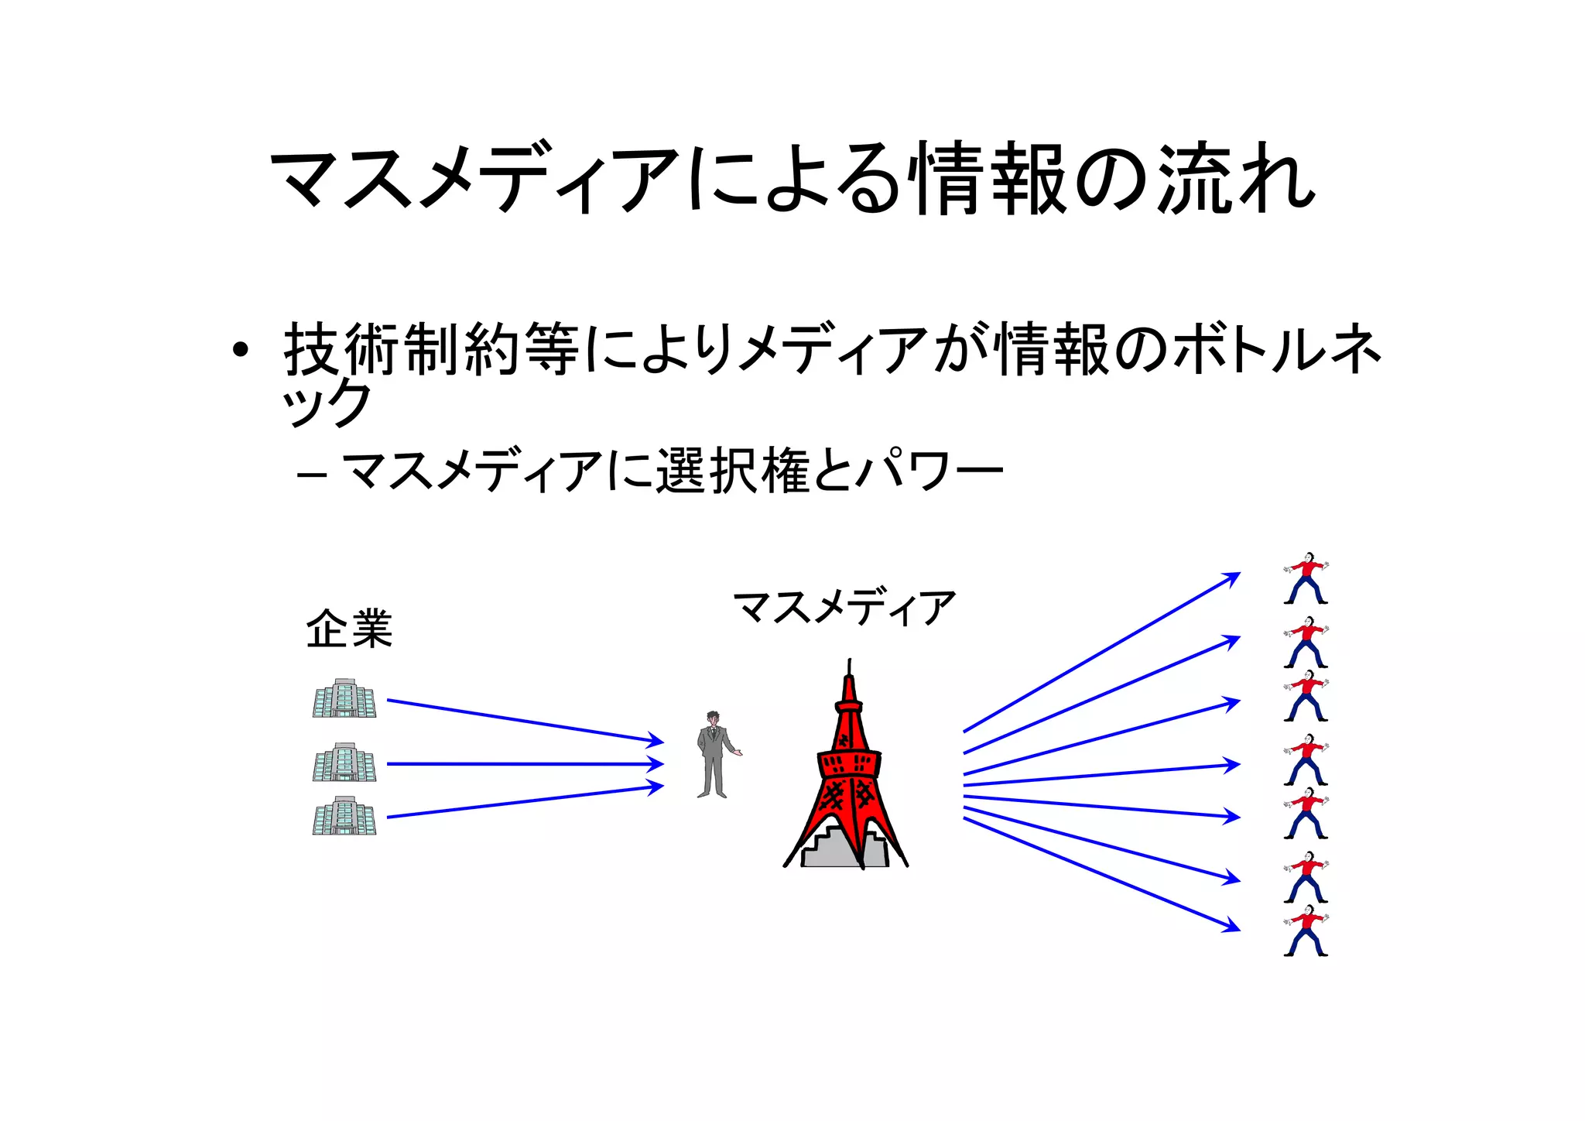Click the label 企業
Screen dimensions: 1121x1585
pos(349,629)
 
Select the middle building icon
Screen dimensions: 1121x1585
pos(344,763)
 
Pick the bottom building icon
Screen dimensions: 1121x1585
pos(344,816)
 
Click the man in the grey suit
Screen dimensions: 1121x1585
pos(714,755)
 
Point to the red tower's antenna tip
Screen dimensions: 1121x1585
pos(850,662)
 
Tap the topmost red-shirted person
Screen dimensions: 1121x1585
pos(1306,578)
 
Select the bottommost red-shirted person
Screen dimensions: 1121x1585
pos(1306,931)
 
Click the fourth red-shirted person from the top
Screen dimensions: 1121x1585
pos(1306,759)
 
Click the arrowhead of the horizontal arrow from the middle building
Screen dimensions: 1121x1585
pos(658,764)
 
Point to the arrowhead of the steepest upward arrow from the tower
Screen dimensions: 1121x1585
pos(1234,577)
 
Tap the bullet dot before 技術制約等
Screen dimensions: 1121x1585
pos(241,351)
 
